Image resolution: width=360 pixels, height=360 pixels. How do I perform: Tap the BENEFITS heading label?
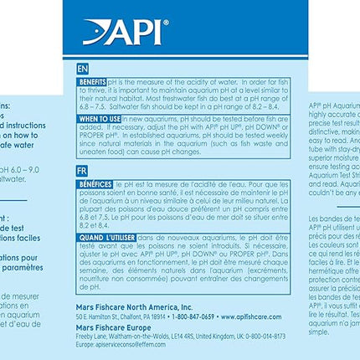click(92, 81)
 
